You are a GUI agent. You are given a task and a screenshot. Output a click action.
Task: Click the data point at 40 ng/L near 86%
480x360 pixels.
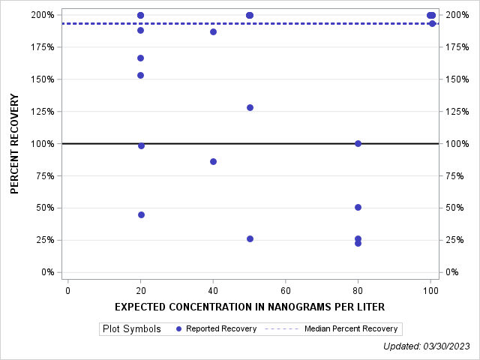[213, 161]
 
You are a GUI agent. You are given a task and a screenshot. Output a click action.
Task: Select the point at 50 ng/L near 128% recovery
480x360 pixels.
[250, 107]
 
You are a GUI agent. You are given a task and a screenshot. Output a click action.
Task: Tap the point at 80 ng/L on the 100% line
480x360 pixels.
[358, 143]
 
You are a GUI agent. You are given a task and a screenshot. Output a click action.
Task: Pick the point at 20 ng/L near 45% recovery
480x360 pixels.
[141, 214]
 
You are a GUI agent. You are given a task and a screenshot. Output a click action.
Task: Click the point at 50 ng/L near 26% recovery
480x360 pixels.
[250, 238]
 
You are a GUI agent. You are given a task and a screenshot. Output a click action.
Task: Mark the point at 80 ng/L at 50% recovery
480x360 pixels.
[358, 207]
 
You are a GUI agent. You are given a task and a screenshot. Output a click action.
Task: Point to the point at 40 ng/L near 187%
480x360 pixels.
[213, 31]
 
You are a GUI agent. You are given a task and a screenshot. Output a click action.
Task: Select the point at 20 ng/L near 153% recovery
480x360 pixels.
[140, 75]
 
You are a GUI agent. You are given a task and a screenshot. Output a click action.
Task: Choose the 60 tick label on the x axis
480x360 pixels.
[286, 289]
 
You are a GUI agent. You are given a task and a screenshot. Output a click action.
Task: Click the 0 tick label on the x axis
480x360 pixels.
[68, 289]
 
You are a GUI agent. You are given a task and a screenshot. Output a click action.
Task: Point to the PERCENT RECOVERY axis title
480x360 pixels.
[15, 143]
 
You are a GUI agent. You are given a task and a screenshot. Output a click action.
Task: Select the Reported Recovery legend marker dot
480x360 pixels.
[178, 329]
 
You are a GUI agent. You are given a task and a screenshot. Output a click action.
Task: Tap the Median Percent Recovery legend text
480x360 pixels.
[350, 329]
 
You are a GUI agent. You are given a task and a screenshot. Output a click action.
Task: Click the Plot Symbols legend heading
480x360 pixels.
[132, 329]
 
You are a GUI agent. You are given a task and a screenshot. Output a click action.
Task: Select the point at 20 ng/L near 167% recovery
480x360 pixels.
[140, 58]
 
